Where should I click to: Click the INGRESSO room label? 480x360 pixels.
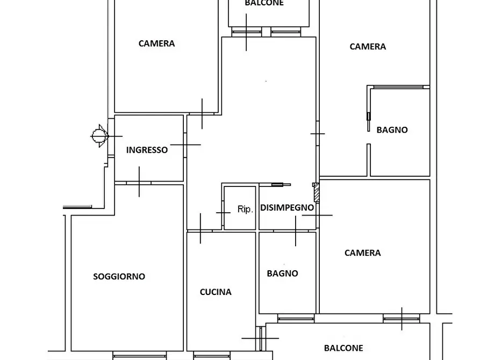(x=147, y=150)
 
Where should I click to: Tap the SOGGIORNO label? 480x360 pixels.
(x=119, y=276)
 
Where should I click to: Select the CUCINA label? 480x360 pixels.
(x=216, y=292)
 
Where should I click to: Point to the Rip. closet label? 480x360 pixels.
(x=245, y=210)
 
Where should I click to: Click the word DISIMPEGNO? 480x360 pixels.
(x=287, y=207)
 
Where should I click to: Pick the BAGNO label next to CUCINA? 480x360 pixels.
(x=282, y=273)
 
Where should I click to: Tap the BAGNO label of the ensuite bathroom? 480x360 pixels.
(x=392, y=130)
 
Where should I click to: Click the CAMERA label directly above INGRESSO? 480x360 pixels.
(x=156, y=44)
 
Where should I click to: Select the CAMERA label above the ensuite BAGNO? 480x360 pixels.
(x=368, y=47)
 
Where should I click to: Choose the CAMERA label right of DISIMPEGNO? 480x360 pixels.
(x=362, y=253)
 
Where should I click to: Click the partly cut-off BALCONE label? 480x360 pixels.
(x=264, y=3)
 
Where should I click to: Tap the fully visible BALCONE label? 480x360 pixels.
(x=343, y=348)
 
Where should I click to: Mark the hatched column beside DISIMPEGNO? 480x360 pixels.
(x=317, y=192)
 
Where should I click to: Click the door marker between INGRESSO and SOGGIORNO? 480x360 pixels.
(x=139, y=182)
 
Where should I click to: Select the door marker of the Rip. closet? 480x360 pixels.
(x=224, y=212)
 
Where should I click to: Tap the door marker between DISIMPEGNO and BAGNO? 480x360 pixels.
(x=296, y=231)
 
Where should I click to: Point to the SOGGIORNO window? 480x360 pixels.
(x=140, y=356)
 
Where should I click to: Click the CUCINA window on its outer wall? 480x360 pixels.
(x=212, y=356)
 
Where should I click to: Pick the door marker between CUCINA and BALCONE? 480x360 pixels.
(x=260, y=339)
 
